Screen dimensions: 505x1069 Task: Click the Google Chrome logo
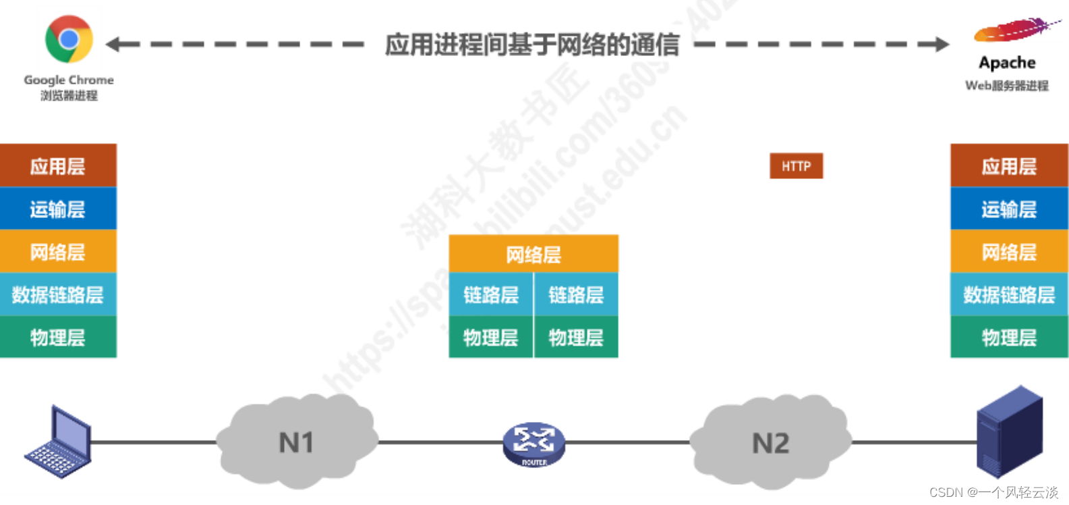pos(68,39)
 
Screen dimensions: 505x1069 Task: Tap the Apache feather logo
pos(1016,30)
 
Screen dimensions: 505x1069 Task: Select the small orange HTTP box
pos(796,166)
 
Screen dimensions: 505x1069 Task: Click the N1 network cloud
pos(297,442)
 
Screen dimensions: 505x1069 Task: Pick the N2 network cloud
pos(770,443)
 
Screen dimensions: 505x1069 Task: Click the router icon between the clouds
pos(533,444)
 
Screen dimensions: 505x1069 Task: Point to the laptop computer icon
pos(59,444)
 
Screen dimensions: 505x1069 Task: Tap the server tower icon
pos(1009,432)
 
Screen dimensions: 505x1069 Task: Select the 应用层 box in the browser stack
pos(58,166)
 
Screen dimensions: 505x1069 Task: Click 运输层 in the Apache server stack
pos(1009,209)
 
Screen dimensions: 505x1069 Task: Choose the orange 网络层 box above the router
pos(533,254)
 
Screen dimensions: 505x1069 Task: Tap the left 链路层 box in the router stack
pos(490,295)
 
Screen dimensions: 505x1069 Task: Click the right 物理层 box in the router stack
pos(576,337)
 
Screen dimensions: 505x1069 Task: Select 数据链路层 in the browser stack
pos(58,294)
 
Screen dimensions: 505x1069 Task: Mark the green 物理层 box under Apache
pos(1009,337)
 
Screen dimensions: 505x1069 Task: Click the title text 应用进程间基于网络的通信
pos(531,45)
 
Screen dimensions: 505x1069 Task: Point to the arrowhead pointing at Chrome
pos(115,45)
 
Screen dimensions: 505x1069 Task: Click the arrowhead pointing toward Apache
pos(942,45)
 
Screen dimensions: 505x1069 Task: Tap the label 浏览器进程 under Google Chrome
pos(69,96)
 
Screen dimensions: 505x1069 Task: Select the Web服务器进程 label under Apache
pos(1006,86)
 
